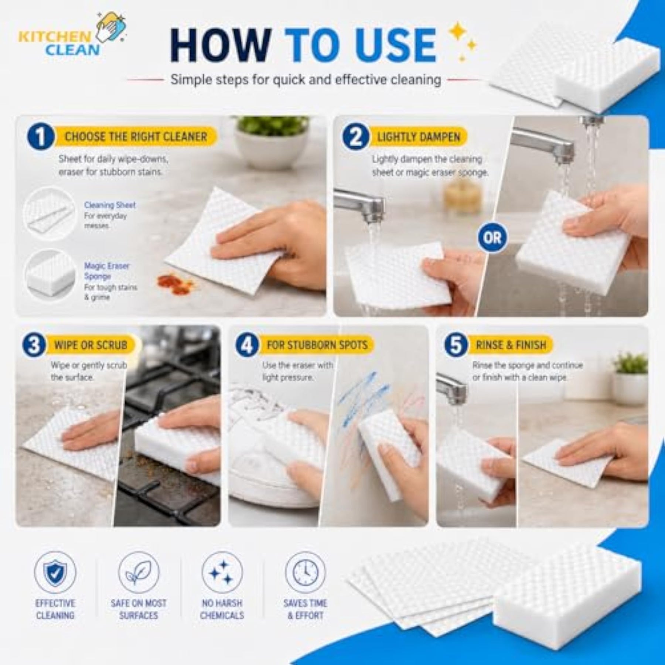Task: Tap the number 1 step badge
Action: pyautogui.click(x=41, y=136)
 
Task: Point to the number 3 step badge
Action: pyautogui.click(x=34, y=345)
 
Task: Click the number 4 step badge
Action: pyautogui.click(x=247, y=345)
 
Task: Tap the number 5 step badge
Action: pyautogui.click(x=456, y=345)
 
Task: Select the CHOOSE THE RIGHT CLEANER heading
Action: pyautogui.click(x=136, y=137)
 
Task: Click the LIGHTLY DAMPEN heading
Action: pyautogui.click(x=419, y=137)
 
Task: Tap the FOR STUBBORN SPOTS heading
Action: pyautogui.click(x=317, y=345)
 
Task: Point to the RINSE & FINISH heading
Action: pyautogui.click(x=511, y=345)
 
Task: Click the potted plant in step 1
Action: pyautogui.click(x=272, y=142)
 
